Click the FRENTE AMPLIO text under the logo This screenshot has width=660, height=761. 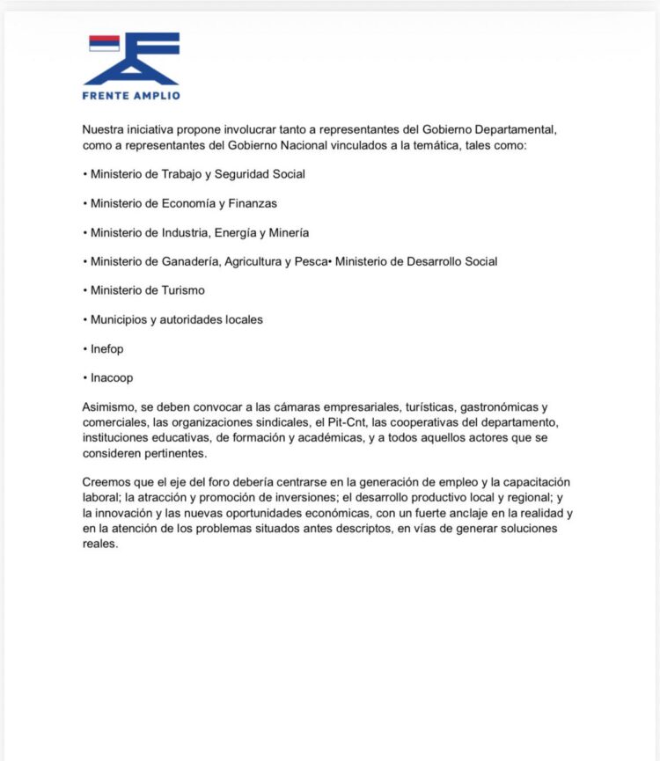[131, 95]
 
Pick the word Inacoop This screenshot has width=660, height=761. [112, 377]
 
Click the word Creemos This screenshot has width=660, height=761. [106, 483]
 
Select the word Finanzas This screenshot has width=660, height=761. [253, 203]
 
